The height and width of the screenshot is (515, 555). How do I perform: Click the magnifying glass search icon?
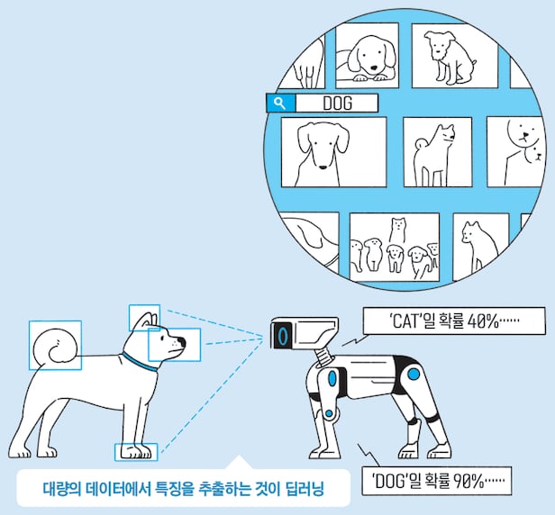[280, 104]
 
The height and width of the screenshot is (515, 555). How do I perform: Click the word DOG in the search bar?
[338, 104]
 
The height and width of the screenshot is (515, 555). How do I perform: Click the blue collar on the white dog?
[140, 362]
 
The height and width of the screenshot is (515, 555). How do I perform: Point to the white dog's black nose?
[181, 342]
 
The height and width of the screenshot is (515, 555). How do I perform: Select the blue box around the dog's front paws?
[136, 452]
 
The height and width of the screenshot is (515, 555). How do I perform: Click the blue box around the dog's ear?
[144, 318]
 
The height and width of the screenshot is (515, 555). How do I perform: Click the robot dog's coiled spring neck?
[323, 357]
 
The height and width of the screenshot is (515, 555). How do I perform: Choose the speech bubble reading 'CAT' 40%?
[454, 321]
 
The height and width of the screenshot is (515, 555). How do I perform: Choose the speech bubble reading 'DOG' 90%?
[436, 481]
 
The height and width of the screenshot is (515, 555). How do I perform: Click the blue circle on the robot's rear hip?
[414, 374]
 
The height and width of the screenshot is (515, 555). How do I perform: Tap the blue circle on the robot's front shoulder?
[332, 378]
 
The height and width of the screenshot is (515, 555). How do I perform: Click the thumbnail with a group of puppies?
[395, 248]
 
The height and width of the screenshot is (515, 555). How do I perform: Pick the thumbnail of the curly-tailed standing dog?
[438, 152]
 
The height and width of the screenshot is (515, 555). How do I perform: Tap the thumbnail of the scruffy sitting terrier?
[455, 56]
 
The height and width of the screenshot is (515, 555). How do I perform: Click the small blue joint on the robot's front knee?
[329, 413]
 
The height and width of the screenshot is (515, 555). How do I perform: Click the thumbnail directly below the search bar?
[333, 152]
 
